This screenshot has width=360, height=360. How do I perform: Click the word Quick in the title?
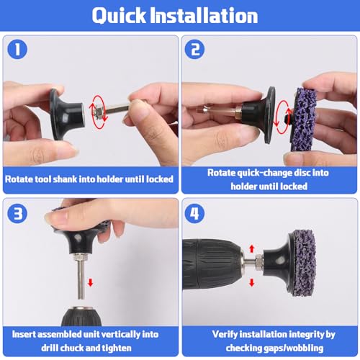point(119,16)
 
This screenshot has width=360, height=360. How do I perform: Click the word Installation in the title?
point(204,15)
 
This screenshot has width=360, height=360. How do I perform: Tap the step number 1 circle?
point(17,50)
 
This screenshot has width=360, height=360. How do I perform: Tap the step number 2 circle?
point(194,50)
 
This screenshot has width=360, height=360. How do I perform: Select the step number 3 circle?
point(17,213)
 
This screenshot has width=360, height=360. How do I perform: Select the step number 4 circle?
point(194,213)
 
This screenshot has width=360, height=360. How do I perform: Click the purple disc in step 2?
point(303,120)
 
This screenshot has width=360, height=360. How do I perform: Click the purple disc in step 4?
point(303,264)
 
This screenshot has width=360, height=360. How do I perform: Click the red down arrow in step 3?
point(91,282)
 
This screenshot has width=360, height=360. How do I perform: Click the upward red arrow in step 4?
point(251,248)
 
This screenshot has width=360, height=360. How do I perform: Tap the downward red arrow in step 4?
point(251,282)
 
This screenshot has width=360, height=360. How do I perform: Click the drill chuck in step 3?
point(81,316)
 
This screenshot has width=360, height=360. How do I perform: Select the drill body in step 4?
point(212,265)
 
